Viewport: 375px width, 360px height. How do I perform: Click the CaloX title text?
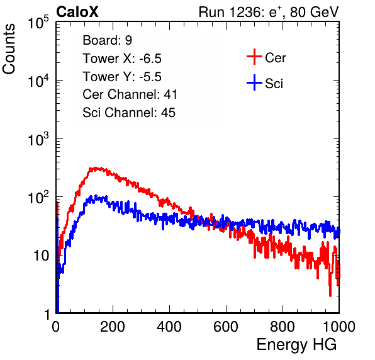pyautogui.click(x=77, y=12)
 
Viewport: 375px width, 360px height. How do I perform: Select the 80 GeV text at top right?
pyautogui.click(x=314, y=12)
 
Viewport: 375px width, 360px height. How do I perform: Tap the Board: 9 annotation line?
pyautogui.click(x=108, y=40)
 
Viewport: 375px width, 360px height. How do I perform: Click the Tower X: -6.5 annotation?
pyautogui.click(x=122, y=59)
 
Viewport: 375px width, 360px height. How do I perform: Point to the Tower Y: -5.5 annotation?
pyautogui.click(x=122, y=77)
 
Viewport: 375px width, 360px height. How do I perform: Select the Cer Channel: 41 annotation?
pyautogui.click(x=130, y=94)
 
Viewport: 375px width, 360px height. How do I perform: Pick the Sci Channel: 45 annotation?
pyautogui.click(x=129, y=113)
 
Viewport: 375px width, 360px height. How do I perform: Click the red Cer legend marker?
pyautogui.click(x=254, y=57)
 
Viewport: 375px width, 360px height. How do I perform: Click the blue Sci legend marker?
pyautogui.click(x=254, y=82)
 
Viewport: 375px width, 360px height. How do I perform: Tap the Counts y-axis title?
pyautogui.click(x=9, y=49)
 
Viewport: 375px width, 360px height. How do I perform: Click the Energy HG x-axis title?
pyautogui.click(x=296, y=345)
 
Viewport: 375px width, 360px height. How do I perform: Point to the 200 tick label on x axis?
pyautogui.click(x=113, y=327)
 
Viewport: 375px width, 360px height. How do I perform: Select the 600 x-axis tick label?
pyautogui.click(x=226, y=327)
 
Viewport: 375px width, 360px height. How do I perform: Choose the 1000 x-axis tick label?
pyautogui.click(x=339, y=327)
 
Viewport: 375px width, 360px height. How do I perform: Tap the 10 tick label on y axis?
pyautogui.click(x=41, y=256)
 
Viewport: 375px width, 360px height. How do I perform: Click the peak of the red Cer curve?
pyautogui.click(x=96, y=169)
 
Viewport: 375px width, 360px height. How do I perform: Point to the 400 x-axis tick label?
pyautogui.click(x=169, y=327)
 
